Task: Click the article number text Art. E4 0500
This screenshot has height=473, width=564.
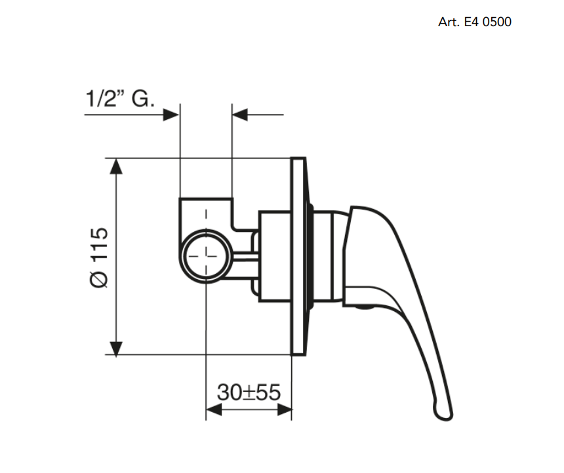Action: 474,22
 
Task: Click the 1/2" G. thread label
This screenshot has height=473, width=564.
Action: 120,98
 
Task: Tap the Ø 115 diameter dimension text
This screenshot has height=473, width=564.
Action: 99,257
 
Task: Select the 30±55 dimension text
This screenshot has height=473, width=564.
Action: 249,392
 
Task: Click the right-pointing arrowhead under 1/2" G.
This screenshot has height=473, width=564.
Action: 171,115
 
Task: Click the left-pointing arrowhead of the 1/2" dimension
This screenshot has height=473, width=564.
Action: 240,115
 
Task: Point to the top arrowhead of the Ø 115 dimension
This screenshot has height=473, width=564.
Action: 116,166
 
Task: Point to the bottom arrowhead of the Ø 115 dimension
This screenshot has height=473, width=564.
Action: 116,347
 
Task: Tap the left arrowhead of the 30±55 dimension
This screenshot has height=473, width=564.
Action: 214,409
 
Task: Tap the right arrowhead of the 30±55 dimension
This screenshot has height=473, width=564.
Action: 284,409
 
